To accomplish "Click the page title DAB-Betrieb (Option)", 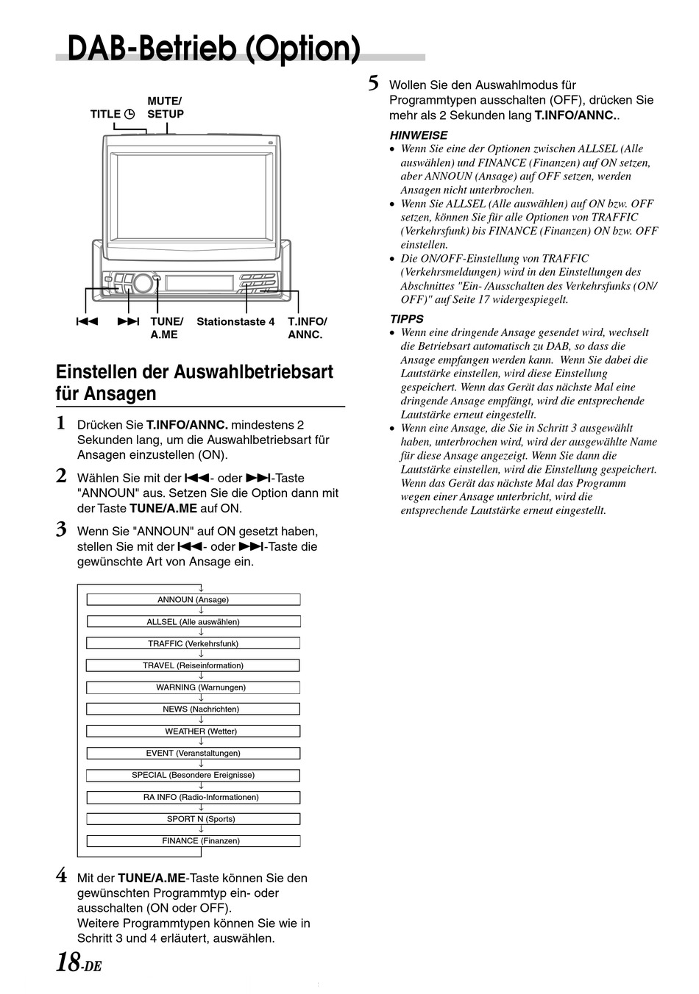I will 213,49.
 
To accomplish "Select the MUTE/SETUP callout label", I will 165,107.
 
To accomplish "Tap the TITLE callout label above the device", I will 112,114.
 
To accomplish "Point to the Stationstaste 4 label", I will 235,322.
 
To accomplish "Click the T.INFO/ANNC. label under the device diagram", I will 307,328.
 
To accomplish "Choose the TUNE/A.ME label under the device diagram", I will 166,328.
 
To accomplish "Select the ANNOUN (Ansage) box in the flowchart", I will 194,599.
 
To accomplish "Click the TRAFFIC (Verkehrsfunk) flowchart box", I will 194,643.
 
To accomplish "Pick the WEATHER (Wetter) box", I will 194,731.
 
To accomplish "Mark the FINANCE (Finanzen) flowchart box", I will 194,840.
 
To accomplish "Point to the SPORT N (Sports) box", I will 194,818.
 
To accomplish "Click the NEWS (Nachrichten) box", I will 194,709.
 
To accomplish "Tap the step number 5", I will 374,83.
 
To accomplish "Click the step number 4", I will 62,876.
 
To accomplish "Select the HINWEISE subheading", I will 418,135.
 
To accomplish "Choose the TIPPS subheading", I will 406,319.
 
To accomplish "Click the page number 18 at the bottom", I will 68,961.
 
